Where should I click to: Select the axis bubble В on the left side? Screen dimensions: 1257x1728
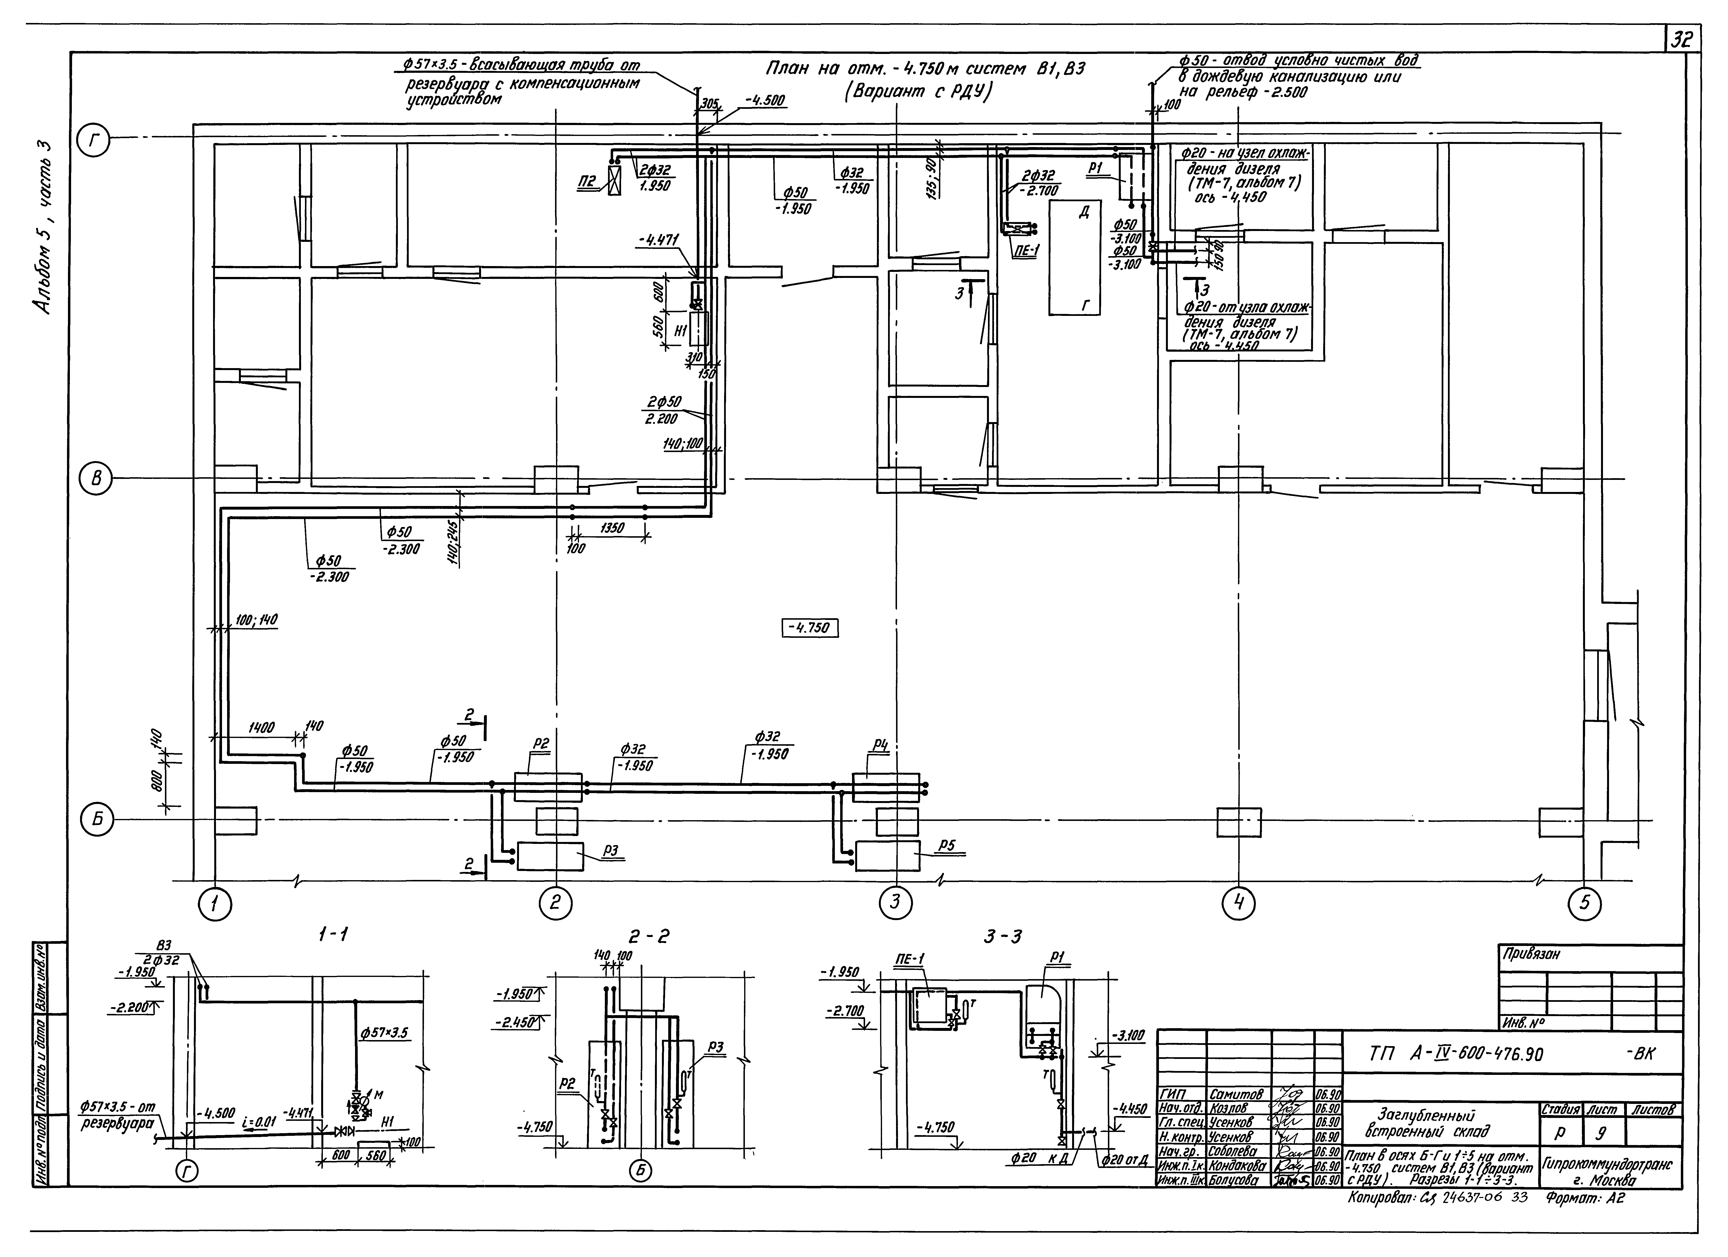95,479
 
